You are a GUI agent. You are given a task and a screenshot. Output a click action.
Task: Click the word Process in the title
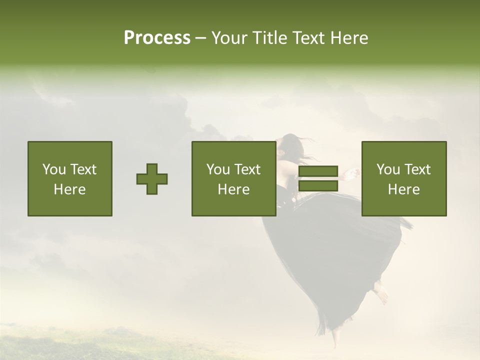tap(157, 38)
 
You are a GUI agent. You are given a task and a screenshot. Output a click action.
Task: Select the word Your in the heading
tap(229, 38)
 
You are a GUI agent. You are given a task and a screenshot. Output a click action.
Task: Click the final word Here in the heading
tap(350, 38)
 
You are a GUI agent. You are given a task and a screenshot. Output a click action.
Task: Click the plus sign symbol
tap(152, 179)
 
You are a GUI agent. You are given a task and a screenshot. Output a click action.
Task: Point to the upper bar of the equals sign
tap(318, 171)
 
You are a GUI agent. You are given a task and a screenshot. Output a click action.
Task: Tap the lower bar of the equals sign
tap(318, 186)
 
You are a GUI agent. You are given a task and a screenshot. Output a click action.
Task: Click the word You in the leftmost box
tap(54, 169)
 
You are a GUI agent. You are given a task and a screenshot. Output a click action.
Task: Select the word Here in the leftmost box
tap(69, 189)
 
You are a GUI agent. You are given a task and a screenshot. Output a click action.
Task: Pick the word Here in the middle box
tap(233, 189)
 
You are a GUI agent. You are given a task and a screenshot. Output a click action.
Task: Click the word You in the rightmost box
tap(388, 169)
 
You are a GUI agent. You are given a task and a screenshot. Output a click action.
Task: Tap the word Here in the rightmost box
tap(403, 189)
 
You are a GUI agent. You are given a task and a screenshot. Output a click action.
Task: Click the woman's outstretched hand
tap(354, 173)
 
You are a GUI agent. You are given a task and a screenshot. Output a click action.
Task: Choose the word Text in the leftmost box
tap(83, 169)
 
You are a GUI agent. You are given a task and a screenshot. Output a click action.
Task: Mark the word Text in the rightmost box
tap(417, 169)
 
